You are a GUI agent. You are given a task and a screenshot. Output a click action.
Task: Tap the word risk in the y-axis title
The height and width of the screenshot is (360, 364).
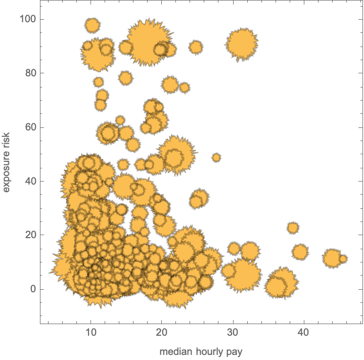coord(7,134)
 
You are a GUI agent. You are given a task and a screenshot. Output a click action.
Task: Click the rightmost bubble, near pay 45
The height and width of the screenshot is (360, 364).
coord(343,259)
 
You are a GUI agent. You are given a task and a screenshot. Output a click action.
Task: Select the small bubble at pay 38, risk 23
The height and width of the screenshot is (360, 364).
coord(293,228)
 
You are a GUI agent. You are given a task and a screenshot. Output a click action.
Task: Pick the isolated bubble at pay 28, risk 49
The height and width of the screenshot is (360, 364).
coord(216,158)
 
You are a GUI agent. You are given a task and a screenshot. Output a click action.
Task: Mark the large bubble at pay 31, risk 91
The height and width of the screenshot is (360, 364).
coord(242,44)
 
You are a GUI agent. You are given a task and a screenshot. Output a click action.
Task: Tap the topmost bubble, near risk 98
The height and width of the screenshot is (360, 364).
coord(92,25)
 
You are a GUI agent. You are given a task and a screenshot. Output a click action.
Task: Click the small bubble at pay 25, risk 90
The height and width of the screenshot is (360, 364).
coord(196,48)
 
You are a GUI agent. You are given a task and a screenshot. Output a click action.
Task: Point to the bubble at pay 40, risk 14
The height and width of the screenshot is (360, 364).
coord(300,251)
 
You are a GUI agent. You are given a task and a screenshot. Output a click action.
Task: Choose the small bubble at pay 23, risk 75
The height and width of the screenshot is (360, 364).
coord(185,88)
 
